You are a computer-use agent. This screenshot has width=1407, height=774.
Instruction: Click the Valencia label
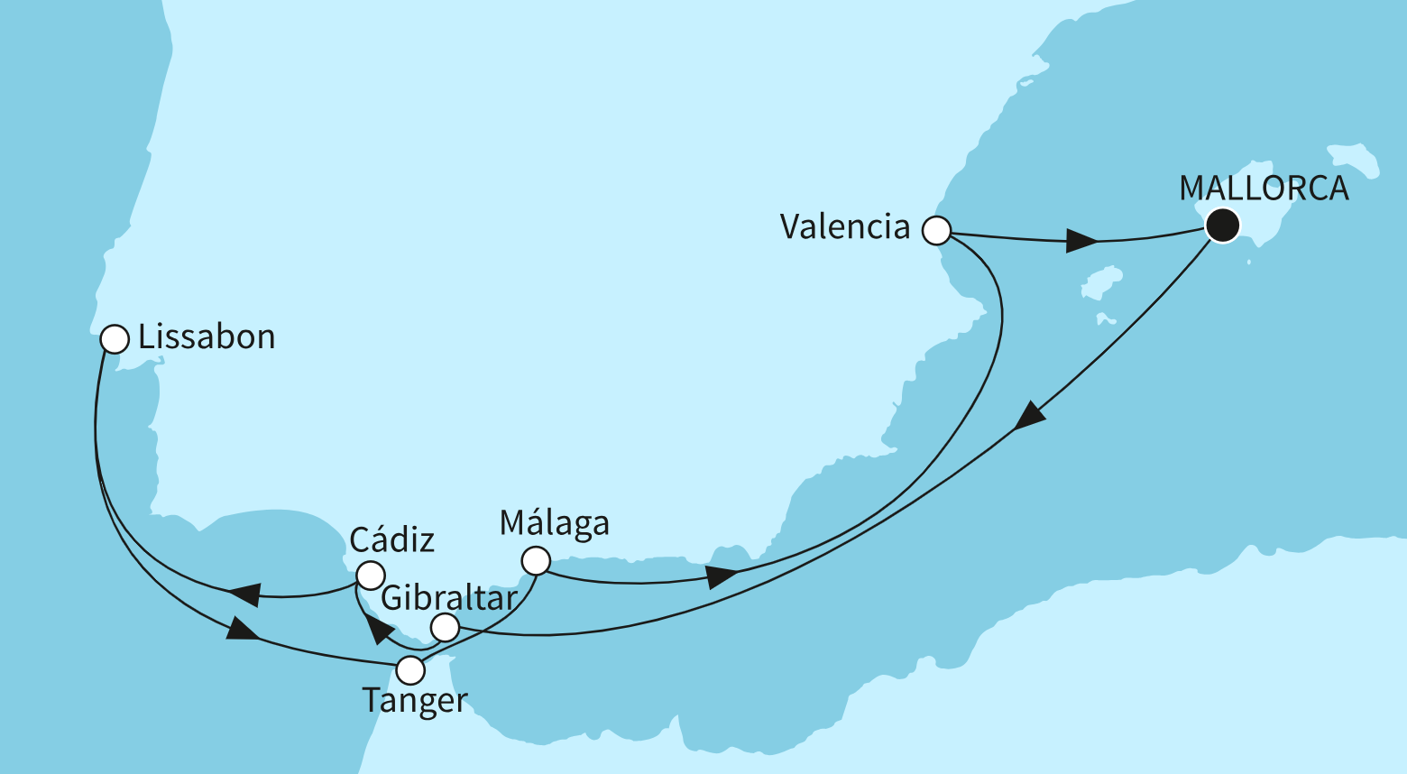pyautogui.click(x=845, y=226)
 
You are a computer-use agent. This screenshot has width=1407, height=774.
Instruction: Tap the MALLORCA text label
pyautogui.click(x=1264, y=189)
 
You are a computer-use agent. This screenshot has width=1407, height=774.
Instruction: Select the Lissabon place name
pyautogui.click(x=207, y=337)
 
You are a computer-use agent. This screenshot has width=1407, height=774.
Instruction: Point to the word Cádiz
pyautogui.click(x=391, y=540)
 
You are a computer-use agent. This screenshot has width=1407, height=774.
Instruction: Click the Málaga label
pyautogui.click(x=555, y=523)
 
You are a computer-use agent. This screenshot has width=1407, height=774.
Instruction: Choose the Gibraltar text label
pyautogui.click(x=449, y=598)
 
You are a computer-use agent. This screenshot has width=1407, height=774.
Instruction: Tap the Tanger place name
pyautogui.click(x=415, y=700)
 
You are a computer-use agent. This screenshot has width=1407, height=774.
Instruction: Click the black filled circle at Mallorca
pyautogui.click(x=1222, y=225)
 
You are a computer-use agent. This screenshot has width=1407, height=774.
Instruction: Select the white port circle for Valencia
pyautogui.click(x=936, y=231)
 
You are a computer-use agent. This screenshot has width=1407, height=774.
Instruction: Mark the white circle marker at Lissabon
pyautogui.click(x=115, y=339)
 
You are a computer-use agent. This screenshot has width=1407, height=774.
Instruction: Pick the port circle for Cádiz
pyautogui.click(x=371, y=575)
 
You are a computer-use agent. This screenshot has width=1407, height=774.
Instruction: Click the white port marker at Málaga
pyautogui.click(x=536, y=561)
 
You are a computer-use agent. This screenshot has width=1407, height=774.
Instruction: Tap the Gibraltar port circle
pyautogui.click(x=445, y=627)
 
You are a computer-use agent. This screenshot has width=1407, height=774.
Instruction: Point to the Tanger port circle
pyautogui.click(x=410, y=670)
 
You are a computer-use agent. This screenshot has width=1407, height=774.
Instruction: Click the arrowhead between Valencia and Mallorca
pyautogui.click(x=1081, y=241)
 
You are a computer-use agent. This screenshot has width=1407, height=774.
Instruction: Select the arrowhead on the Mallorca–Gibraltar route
pyautogui.click(x=1028, y=416)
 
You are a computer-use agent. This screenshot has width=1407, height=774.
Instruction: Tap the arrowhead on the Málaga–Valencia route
pyautogui.click(x=722, y=576)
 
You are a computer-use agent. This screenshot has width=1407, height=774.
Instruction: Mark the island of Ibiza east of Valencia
pyautogui.click(x=1102, y=281)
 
